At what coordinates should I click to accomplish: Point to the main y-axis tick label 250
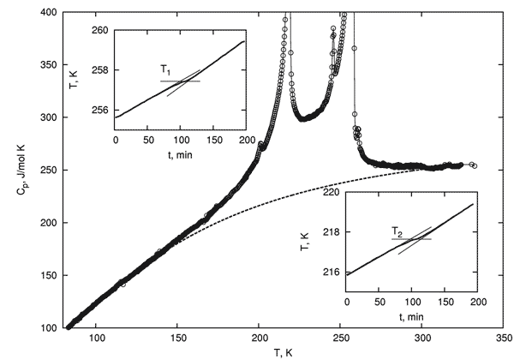point(47,171)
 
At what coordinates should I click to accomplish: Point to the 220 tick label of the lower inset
point(332,194)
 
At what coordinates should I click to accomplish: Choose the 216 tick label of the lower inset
point(332,273)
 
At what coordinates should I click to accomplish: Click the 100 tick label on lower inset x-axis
point(410,304)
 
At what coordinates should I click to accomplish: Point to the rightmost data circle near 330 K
point(475,165)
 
